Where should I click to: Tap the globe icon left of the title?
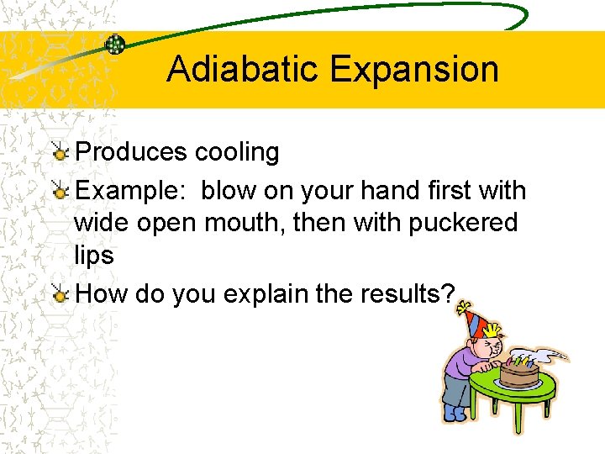[x=115, y=45]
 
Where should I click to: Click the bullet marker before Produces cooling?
[x=60, y=153]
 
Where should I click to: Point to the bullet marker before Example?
[x=60, y=192]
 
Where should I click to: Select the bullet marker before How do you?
[x=60, y=295]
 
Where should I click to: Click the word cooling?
[x=237, y=152]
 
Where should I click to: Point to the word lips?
[x=93, y=256]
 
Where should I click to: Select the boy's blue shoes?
[x=454, y=413]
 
